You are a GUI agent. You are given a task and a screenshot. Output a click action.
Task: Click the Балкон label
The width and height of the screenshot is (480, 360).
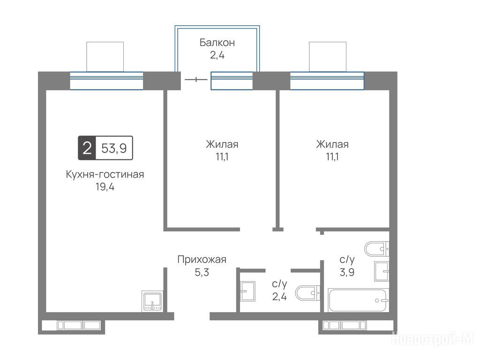tap(217, 42)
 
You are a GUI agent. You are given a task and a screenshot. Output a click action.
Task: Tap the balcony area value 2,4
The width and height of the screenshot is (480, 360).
tap(217, 55)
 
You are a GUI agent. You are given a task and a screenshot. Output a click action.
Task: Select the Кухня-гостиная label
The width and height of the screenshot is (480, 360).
tap(105, 174)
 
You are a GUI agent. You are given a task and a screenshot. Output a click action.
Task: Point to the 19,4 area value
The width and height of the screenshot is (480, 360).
tap(105, 187)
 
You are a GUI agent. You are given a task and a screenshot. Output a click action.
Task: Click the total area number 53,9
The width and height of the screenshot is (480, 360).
tap(114, 148)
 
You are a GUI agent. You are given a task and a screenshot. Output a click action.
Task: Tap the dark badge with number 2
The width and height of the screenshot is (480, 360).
tap(87, 148)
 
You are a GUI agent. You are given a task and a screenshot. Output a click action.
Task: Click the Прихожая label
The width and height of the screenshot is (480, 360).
tap(202, 260)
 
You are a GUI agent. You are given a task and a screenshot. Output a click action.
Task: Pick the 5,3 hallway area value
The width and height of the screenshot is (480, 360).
tap(202, 272)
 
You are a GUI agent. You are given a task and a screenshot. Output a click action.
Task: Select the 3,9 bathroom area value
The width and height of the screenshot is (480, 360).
tap(347, 272)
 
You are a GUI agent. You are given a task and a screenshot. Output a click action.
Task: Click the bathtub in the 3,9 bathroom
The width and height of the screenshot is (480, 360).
tap(358, 300)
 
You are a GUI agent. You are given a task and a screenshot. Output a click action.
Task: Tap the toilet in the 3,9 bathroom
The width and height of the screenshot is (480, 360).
tap(376, 248)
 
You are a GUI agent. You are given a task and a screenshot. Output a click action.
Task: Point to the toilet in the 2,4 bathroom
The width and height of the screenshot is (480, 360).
tap(307, 293)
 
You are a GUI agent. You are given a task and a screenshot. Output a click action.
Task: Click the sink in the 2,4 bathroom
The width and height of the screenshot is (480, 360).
tap(247, 291)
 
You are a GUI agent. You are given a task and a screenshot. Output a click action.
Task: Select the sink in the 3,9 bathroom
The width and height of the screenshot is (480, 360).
tap(382, 271)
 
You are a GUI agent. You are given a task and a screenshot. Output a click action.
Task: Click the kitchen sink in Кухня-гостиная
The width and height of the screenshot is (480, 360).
tap(152, 302)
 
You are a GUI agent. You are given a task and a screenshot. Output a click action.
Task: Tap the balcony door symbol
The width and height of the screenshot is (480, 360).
tap(196, 80)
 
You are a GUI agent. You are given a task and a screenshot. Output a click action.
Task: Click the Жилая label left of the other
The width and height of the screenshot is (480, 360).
tap(222, 144)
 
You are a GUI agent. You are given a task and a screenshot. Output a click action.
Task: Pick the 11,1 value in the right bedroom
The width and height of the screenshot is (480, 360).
tap(332, 157)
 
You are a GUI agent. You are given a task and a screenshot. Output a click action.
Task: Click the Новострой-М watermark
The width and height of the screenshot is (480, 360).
tap(433, 338)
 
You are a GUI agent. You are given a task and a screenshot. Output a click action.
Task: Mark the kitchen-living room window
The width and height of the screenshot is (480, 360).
tap(106, 81)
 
